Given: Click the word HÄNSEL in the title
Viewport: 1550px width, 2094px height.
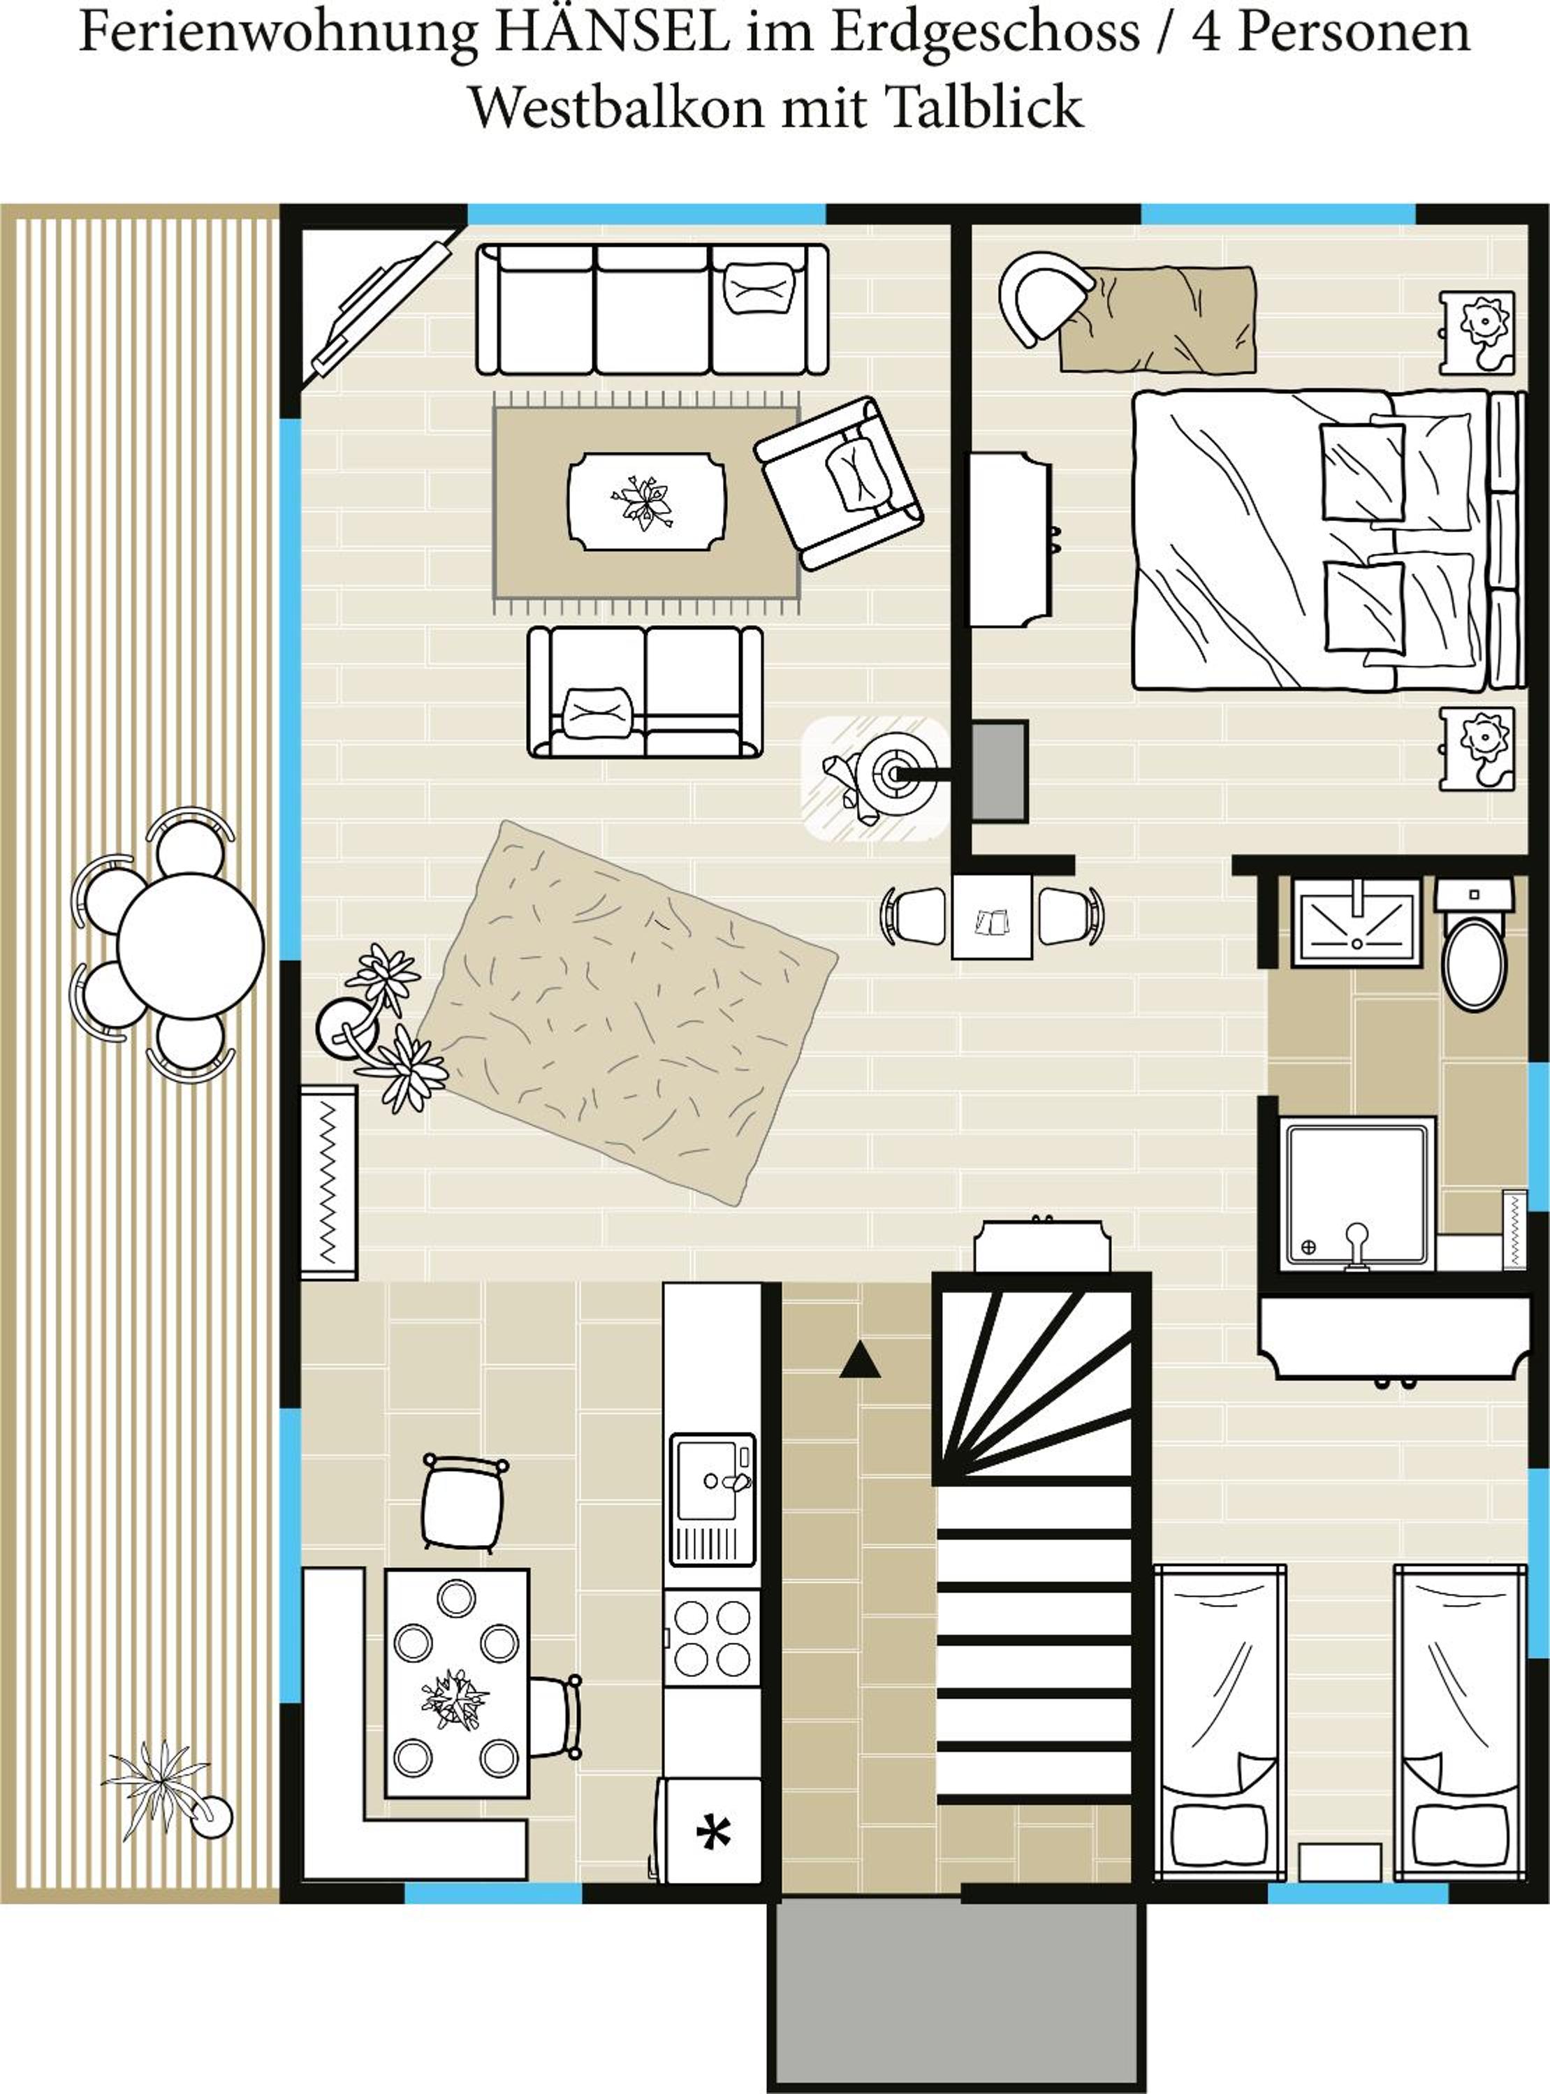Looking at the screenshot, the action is (x=611, y=32).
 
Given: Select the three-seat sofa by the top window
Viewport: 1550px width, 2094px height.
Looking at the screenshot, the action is (x=652, y=309).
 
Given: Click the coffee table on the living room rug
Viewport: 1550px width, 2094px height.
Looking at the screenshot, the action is (x=646, y=502).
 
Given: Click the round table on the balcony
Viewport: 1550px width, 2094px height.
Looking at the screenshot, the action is (x=191, y=946).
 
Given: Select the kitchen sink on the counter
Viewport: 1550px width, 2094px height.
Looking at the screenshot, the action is (x=713, y=1499).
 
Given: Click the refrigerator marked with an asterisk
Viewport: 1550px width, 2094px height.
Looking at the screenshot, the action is (x=711, y=1829).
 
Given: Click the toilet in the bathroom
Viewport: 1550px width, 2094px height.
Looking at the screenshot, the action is (x=1474, y=948).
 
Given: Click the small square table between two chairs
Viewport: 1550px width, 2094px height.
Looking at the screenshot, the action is (x=992, y=916).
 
